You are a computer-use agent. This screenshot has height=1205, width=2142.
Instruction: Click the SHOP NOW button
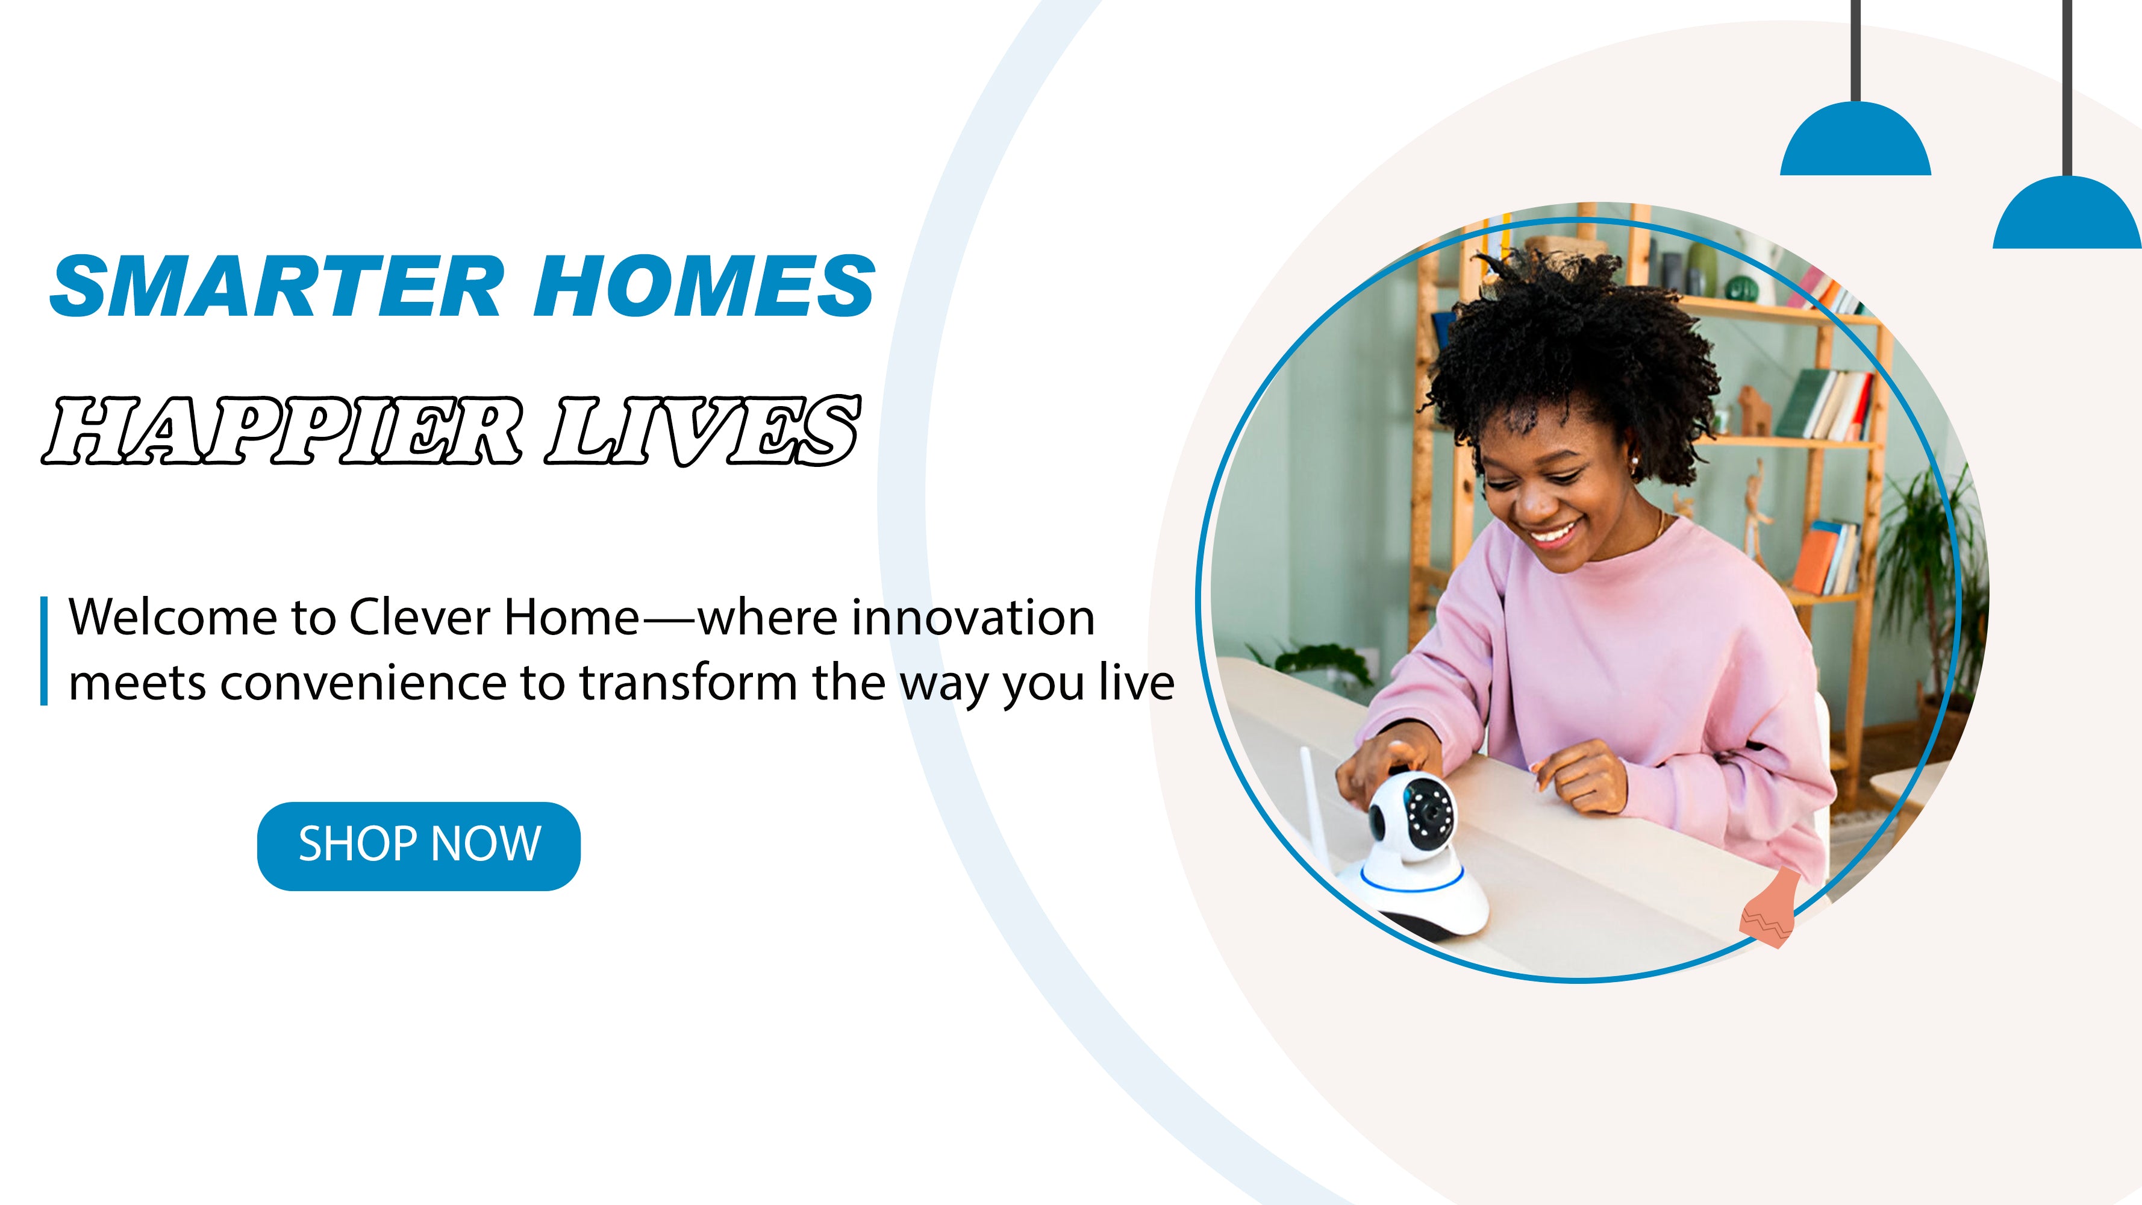tap(418, 846)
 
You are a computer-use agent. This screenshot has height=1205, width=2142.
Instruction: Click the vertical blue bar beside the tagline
tap(44, 650)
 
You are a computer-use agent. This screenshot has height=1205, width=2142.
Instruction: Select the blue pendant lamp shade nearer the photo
tap(1855, 142)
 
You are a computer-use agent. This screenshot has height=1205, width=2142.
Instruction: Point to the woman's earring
tap(1634, 459)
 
